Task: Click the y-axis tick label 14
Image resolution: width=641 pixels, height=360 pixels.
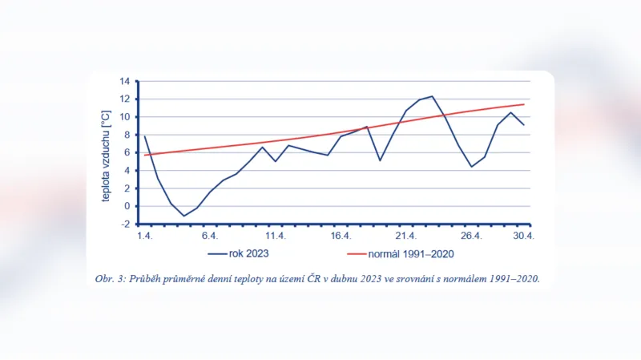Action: point(124,81)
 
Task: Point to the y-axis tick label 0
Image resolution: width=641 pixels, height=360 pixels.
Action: point(127,206)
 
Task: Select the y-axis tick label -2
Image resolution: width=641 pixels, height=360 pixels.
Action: point(124,224)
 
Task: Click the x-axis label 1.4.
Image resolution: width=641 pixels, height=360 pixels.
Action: point(144,236)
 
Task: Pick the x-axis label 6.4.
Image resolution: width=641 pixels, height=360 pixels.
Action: point(210,236)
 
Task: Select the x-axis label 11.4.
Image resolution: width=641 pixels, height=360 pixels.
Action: point(276,236)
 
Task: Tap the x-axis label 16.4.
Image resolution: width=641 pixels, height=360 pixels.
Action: point(341,236)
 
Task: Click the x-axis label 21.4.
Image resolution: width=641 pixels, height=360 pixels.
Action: point(405,236)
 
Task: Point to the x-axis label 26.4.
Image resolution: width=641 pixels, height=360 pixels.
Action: point(471,236)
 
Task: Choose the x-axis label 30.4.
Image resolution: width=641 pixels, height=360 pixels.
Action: point(524,236)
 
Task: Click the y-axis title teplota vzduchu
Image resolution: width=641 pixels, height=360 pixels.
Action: point(105,152)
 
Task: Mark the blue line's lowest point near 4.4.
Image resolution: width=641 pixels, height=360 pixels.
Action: point(183,216)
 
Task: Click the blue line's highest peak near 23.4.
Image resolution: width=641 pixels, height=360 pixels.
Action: point(432,96)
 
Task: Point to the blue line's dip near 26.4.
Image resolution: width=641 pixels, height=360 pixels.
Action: point(472,167)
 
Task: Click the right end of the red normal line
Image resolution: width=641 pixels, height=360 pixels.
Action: point(525,104)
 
